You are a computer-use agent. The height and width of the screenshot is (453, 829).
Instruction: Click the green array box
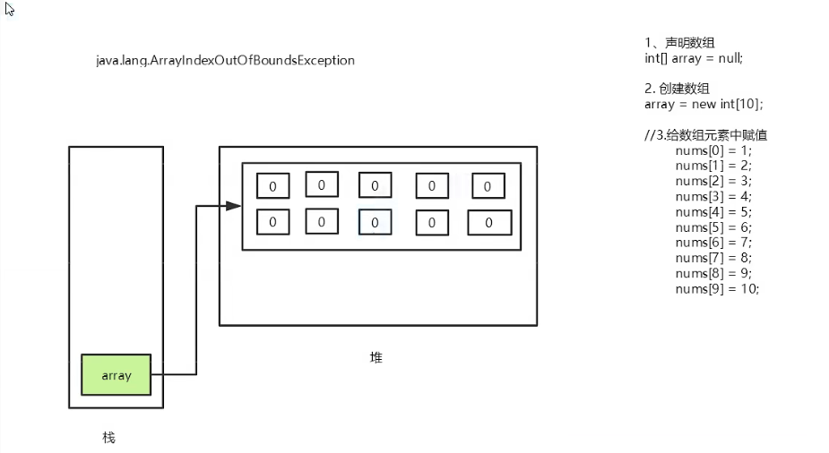pos(116,375)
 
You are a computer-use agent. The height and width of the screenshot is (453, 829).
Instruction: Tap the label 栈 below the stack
pos(108,438)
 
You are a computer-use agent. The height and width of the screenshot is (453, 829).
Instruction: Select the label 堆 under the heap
pos(376,357)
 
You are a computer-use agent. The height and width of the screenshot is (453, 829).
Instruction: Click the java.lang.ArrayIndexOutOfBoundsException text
pos(225,61)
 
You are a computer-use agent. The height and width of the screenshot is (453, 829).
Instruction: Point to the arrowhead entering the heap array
pos(234,206)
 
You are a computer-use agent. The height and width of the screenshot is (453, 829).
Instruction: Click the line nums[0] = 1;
pos(713,150)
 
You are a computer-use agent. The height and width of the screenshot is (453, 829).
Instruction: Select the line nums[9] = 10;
pos(717,288)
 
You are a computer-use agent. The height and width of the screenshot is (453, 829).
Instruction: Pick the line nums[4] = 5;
pos(713,212)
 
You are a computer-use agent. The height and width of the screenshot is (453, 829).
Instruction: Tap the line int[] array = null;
pos(694,58)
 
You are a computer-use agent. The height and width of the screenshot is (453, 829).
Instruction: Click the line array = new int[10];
pos(704,104)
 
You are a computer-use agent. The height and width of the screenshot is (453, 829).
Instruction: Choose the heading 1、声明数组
pos(679,43)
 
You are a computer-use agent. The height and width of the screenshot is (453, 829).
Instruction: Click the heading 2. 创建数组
pos(678,89)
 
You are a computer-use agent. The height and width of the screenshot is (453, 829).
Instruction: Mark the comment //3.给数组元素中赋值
pos(705,135)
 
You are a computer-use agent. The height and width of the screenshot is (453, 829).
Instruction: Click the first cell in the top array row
pos(272,186)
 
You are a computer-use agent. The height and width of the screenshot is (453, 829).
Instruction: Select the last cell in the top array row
pos(488,186)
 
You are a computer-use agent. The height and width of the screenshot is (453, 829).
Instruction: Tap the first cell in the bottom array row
pos(272,221)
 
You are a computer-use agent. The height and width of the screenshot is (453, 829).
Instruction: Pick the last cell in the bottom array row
pos(488,222)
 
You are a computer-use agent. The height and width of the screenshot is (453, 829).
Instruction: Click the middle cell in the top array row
pos(375,185)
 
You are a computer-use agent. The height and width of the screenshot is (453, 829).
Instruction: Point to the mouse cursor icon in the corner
pos(9,10)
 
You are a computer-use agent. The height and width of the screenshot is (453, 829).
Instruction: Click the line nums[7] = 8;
pos(713,258)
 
